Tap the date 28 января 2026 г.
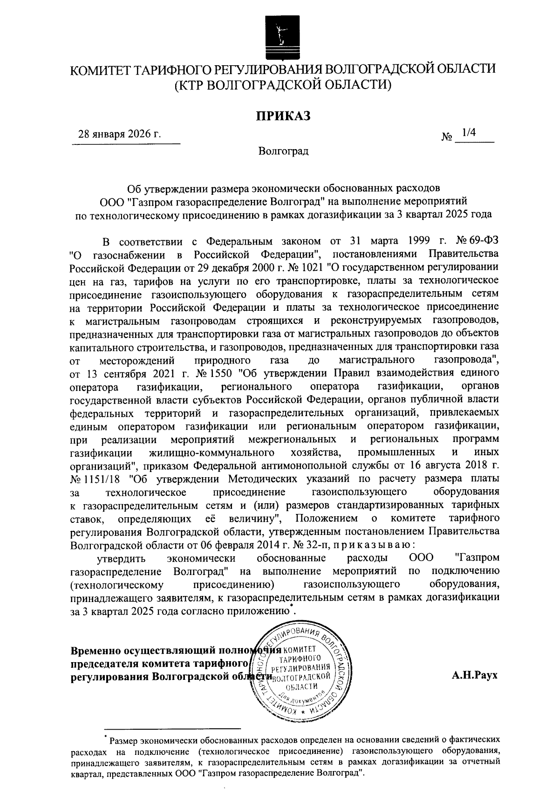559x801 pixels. [x=119, y=135]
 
